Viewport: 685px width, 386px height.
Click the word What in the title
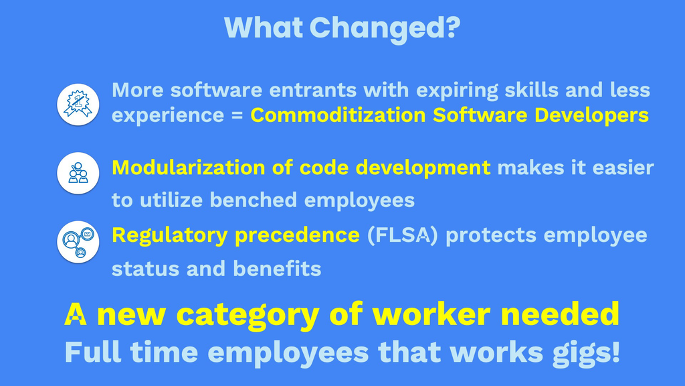coord(263,27)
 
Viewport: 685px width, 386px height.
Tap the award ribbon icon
coord(78,105)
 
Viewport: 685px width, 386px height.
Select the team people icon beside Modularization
coord(78,174)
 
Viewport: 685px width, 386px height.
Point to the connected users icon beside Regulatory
coord(78,242)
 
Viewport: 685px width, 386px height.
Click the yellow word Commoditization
coord(338,115)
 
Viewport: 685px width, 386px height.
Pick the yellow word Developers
coord(591,115)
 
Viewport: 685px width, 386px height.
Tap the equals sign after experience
coord(237,115)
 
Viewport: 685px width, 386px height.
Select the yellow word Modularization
coord(189,168)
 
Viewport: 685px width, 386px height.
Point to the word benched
coord(254,200)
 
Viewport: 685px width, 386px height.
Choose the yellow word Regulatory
coord(170,236)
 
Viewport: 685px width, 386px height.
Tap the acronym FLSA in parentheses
coord(402,235)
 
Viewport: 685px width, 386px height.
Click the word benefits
coord(277,268)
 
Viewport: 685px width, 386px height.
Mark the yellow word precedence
coord(297,236)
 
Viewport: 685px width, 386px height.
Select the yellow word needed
coord(560,314)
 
